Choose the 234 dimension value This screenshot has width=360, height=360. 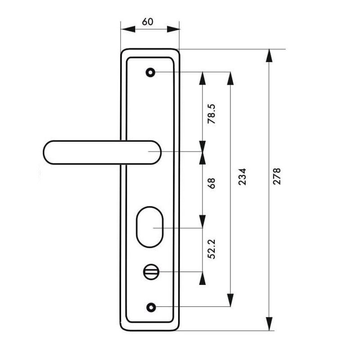(x=242, y=178)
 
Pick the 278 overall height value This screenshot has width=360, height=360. (x=277, y=176)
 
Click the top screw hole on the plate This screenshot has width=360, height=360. (x=150, y=72)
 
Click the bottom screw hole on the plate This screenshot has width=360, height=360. (x=150, y=307)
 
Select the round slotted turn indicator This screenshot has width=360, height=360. (x=149, y=272)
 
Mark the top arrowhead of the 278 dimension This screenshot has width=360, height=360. (x=269, y=55)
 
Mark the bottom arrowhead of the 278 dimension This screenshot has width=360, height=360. (x=269, y=324)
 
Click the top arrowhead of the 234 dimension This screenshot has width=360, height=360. (x=230, y=78)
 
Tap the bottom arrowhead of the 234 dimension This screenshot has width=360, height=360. (x=230, y=300)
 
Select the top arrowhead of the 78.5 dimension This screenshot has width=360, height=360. (x=202, y=78)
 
